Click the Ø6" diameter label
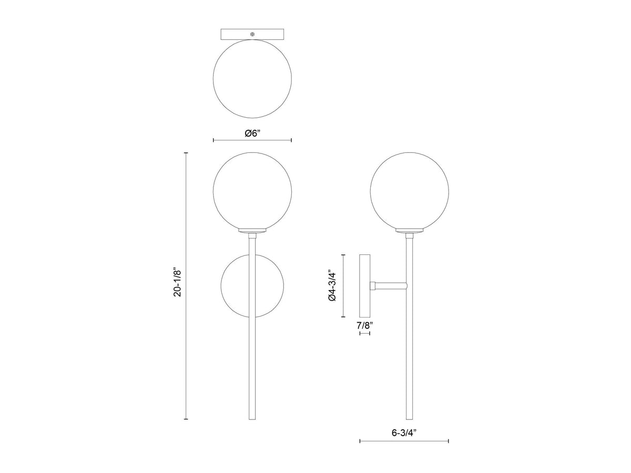(x=252, y=133)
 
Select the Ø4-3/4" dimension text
(x=331, y=285)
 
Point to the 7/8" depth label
(x=365, y=326)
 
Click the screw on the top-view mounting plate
(x=252, y=34)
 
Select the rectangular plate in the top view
(x=252, y=34)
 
